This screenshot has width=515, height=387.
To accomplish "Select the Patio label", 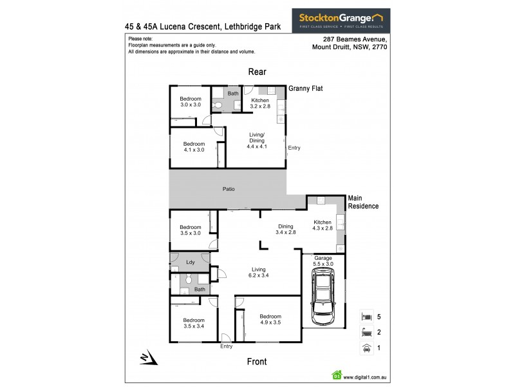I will point(229,189).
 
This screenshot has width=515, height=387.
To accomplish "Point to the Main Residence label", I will point(363,202).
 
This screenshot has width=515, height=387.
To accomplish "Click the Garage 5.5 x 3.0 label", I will point(323,261).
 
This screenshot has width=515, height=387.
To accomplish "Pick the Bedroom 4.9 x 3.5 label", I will point(270,320).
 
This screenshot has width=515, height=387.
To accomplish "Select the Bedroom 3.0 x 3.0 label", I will point(191,101).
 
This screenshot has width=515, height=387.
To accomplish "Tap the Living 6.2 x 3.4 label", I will point(259,272).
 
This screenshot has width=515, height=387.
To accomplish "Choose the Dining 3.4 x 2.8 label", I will point(286,229).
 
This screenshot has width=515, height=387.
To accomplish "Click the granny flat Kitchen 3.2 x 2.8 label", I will point(259,104).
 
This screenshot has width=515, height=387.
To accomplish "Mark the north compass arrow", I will point(144,357).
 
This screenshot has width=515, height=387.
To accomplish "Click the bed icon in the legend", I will point(367,317).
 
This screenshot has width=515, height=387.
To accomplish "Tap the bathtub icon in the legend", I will point(367,333).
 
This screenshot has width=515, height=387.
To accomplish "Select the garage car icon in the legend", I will point(367,348).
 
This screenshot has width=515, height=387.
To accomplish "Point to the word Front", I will point(257,362).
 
